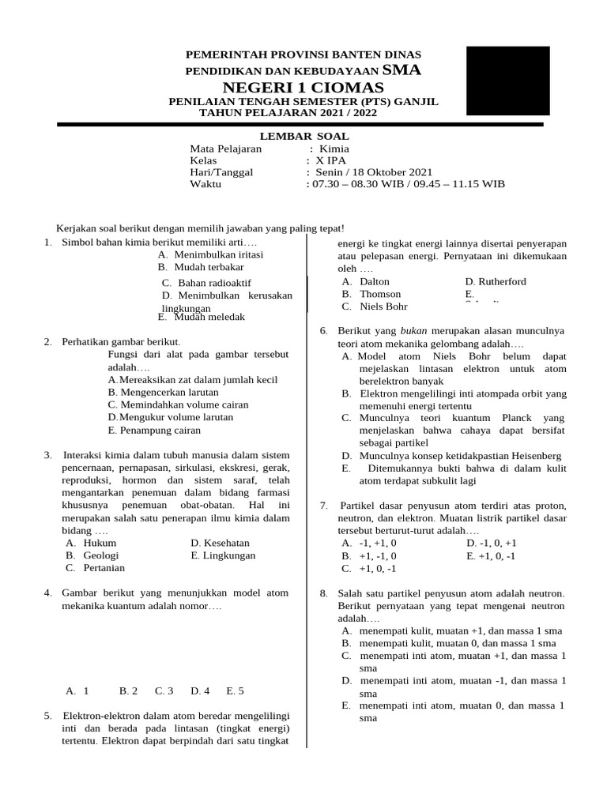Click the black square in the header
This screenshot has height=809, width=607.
click(507, 81)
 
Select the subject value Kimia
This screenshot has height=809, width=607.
click(334, 149)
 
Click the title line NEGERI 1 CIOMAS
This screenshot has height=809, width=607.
click(303, 87)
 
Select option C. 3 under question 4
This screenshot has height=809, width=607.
click(164, 690)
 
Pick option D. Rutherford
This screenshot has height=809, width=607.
click(496, 281)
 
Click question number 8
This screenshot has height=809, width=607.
click(323, 593)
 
